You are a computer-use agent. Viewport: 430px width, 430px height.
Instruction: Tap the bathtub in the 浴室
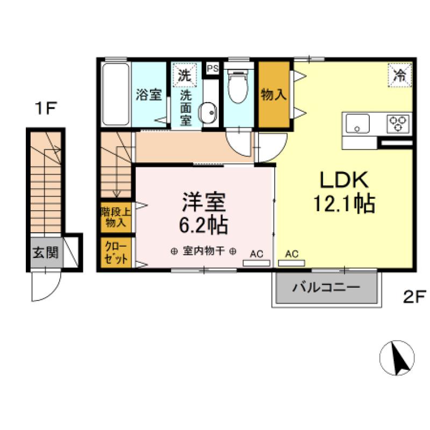tap(116, 94)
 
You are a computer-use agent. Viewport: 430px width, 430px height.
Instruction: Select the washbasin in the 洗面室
tap(207, 112)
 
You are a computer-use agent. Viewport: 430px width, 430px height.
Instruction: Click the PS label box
tap(213, 68)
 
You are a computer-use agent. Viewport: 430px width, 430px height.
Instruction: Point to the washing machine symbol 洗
tap(184, 75)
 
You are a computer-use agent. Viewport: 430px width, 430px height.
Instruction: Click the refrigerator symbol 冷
tap(400, 75)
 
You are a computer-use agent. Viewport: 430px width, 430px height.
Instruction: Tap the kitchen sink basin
tap(357, 124)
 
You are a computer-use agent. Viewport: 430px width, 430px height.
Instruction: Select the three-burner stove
tap(398, 124)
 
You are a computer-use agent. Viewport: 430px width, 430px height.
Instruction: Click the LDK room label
tap(344, 180)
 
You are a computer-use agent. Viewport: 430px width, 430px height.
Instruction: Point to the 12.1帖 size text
tap(344, 204)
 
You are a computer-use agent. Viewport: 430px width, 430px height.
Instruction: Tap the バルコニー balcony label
tap(326, 288)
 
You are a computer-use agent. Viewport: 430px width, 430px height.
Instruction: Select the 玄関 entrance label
tap(46, 252)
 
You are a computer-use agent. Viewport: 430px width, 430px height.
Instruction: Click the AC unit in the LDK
tap(291, 263)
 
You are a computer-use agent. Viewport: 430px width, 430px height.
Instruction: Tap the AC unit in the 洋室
tap(256, 263)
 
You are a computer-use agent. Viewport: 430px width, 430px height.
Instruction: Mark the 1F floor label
tap(46, 108)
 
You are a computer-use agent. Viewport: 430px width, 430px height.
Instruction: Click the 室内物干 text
tap(204, 251)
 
